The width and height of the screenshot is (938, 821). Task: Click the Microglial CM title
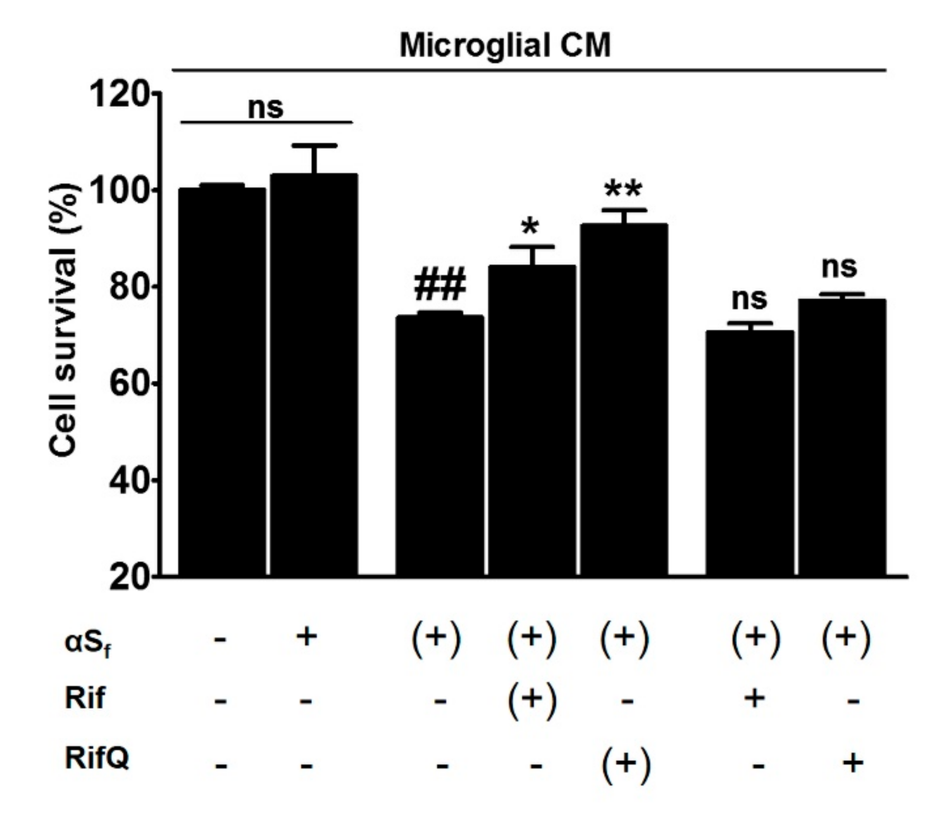pyautogui.click(x=505, y=45)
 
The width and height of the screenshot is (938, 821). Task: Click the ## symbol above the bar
pyautogui.click(x=440, y=284)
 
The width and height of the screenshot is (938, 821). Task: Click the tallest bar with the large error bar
pyautogui.click(x=314, y=375)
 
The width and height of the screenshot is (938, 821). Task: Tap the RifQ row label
pyautogui.click(x=96, y=758)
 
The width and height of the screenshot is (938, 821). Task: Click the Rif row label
pyautogui.click(x=85, y=698)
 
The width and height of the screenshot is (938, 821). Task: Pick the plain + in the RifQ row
pyautogui.click(x=853, y=764)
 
